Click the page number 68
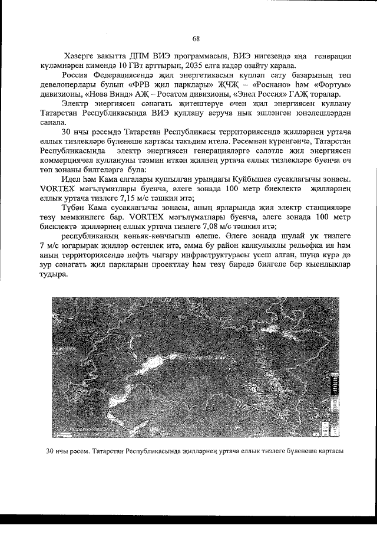click(x=196, y=39)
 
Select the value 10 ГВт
click(x=171, y=65)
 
